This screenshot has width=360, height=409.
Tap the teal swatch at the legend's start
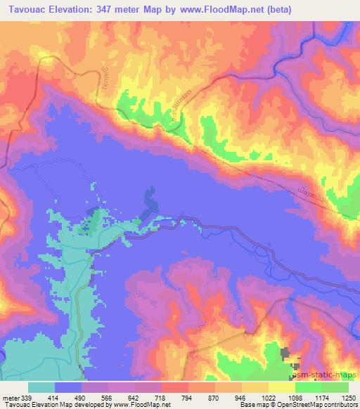[x=41, y=387]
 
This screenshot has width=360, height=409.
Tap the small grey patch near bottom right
[x=286, y=355]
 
